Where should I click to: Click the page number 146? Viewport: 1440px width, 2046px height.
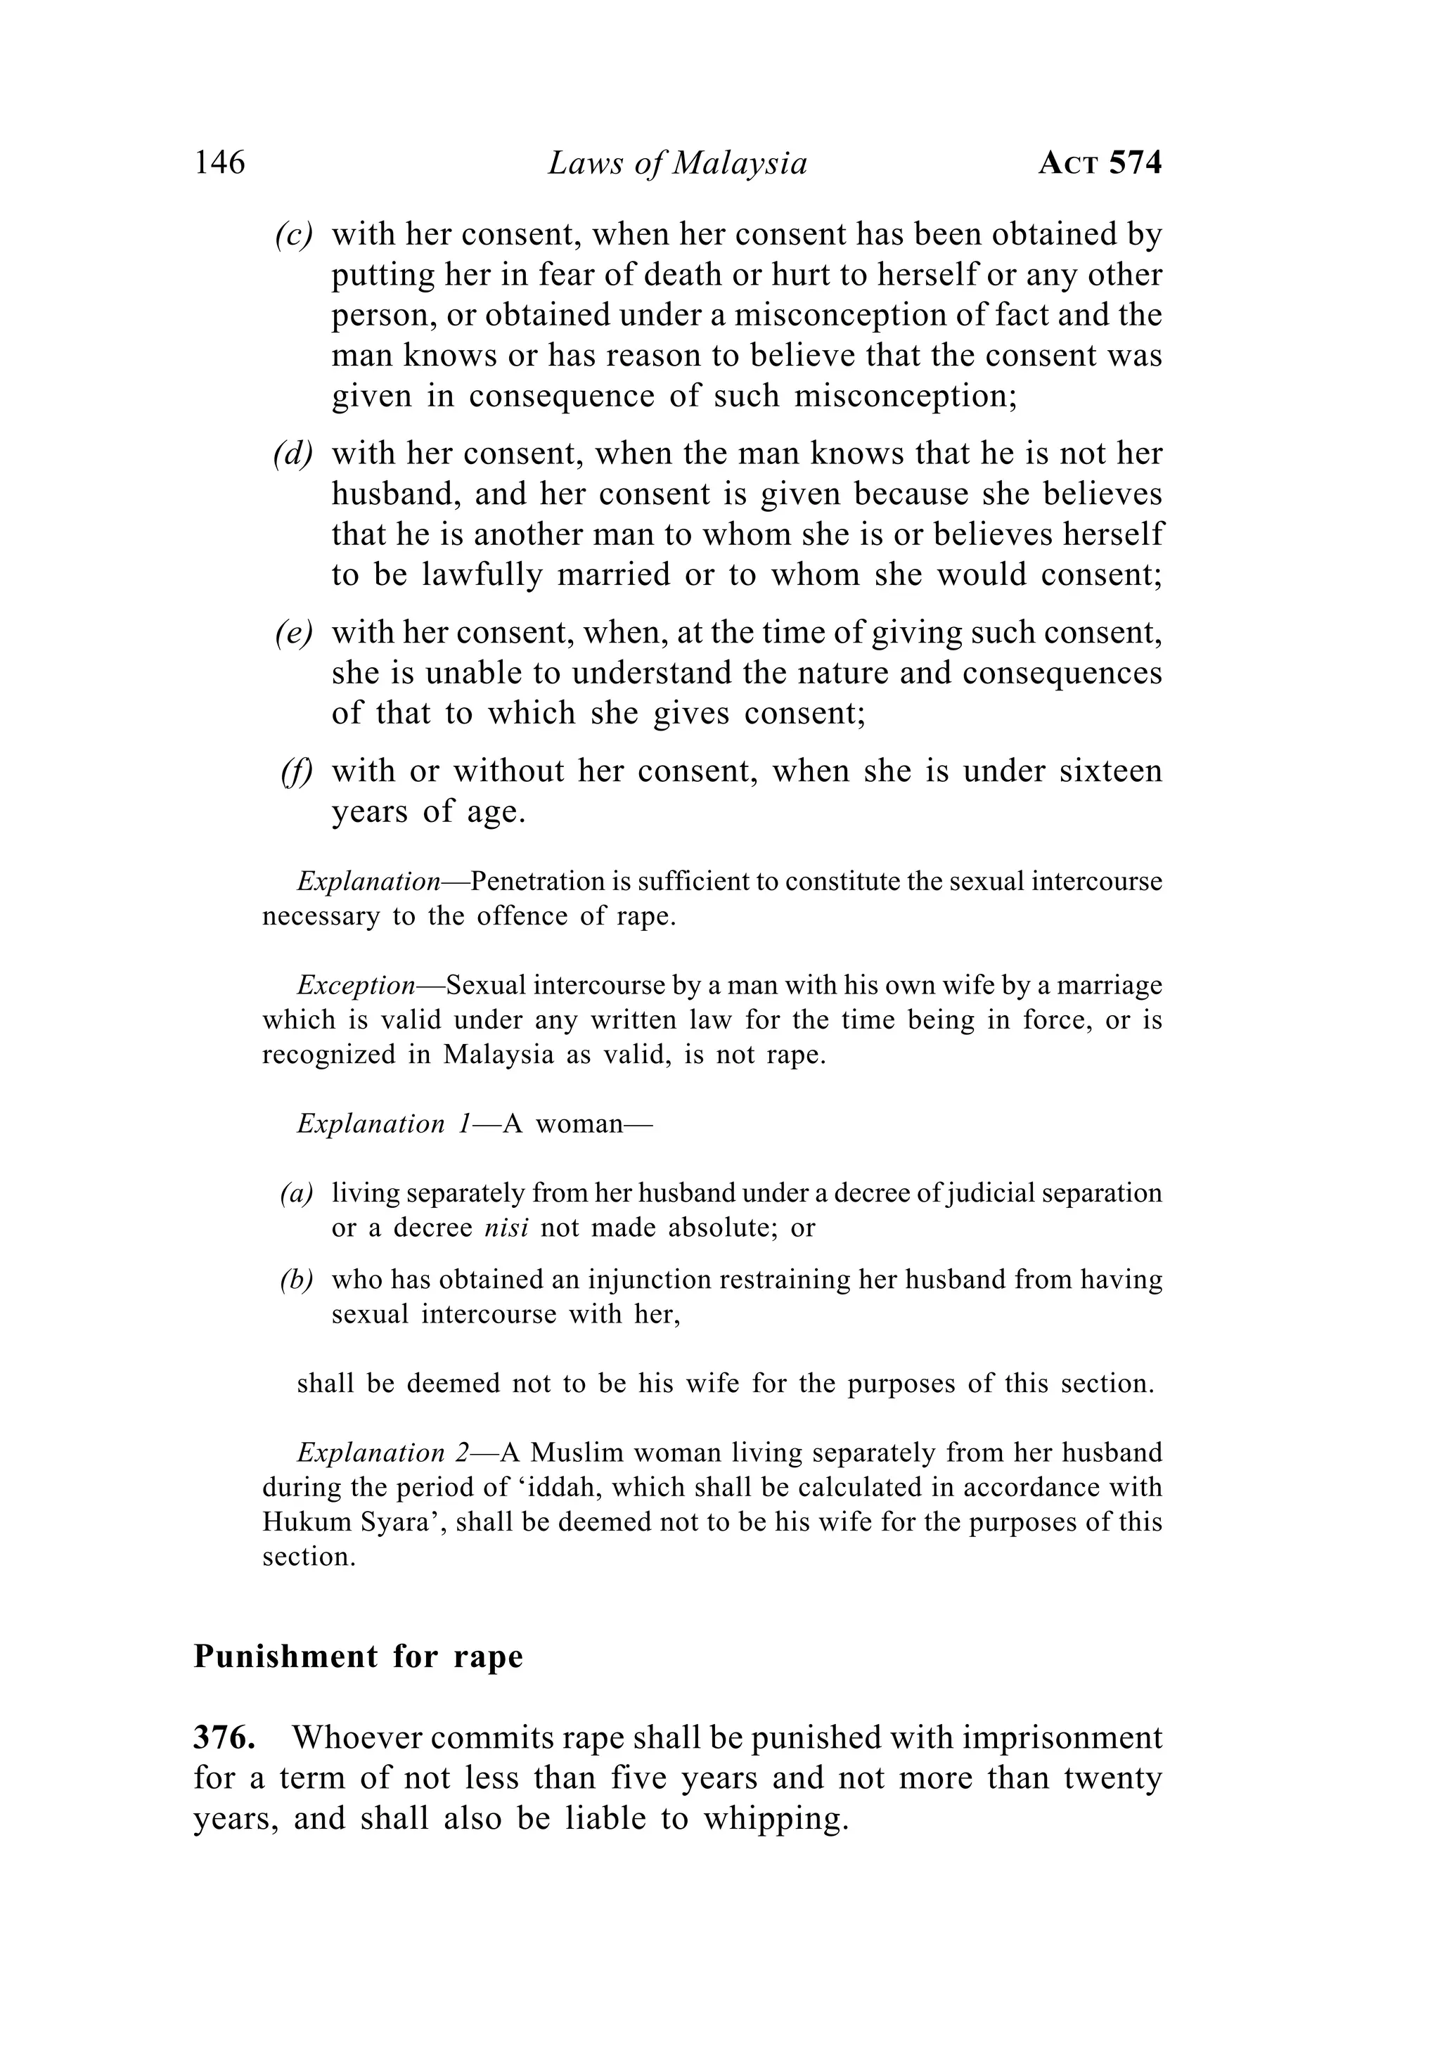[219, 163]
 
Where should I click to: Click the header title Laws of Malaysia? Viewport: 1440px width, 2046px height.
[677, 163]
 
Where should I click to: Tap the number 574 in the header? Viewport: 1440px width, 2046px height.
[1136, 163]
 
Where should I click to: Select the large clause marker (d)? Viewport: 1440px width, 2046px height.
[293, 453]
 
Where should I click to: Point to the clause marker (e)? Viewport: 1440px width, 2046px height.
[293, 632]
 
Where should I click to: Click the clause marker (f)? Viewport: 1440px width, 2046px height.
[297, 771]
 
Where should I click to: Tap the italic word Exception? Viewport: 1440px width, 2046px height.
[356, 985]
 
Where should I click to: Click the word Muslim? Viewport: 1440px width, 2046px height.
[577, 1453]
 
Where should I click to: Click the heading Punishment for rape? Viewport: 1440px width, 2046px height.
[358, 1656]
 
